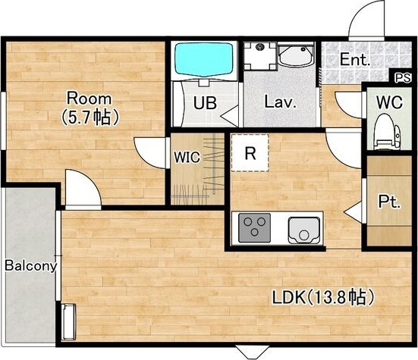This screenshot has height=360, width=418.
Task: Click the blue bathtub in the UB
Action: tap(204, 60)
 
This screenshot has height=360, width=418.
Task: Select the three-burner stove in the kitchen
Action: tap(255, 227)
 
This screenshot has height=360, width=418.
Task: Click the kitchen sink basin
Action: tap(304, 230)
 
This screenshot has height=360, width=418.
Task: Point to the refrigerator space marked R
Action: tap(250, 152)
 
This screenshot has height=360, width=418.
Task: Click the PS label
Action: tap(403, 78)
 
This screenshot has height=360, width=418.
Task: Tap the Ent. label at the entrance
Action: tap(355, 60)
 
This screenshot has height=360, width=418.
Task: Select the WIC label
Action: tap(187, 157)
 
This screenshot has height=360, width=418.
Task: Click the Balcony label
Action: tap(31, 266)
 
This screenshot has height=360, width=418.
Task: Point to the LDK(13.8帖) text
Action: tap(323, 297)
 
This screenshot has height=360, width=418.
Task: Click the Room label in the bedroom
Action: tap(89, 99)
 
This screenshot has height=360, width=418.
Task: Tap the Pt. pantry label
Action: tap(389, 202)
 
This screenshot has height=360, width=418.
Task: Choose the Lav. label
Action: tap(280, 102)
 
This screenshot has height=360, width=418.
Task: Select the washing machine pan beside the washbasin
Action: tap(259, 56)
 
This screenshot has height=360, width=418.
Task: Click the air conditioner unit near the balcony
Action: tap(69, 322)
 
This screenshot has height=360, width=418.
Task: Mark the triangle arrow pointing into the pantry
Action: tap(353, 212)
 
